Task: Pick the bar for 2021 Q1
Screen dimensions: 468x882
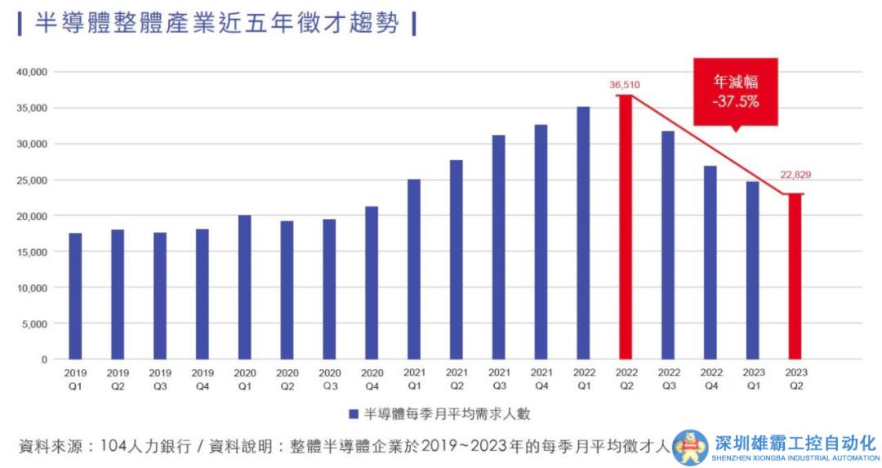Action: click(414, 269)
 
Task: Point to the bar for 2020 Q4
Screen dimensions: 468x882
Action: click(372, 283)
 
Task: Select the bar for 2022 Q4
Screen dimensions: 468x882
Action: click(710, 262)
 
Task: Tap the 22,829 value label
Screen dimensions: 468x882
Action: click(795, 175)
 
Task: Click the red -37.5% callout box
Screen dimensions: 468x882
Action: click(735, 91)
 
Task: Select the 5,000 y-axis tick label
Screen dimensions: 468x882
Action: click(35, 323)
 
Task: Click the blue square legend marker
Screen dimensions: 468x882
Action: click(354, 413)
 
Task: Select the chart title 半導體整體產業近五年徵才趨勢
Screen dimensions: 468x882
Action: click(217, 23)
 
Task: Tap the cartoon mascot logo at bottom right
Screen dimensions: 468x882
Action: click(690, 448)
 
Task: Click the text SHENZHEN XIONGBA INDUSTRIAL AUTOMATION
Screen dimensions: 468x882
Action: click(795, 458)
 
